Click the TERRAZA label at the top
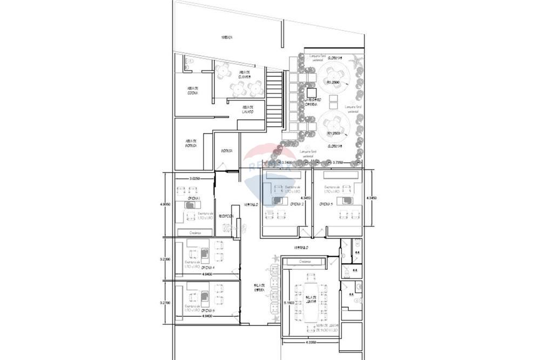(x=227, y=38)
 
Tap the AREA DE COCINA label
(x=192, y=91)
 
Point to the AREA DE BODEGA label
(x=190, y=143)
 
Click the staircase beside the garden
(x=274, y=100)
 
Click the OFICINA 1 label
(x=194, y=199)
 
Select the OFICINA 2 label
(x=296, y=204)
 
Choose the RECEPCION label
(x=226, y=216)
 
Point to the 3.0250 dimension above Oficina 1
(x=195, y=178)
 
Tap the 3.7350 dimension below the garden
(x=340, y=162)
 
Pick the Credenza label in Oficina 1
(x=195, y=233)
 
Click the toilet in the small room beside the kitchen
(x=188, y=63)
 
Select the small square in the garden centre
(x=310, y=92)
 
